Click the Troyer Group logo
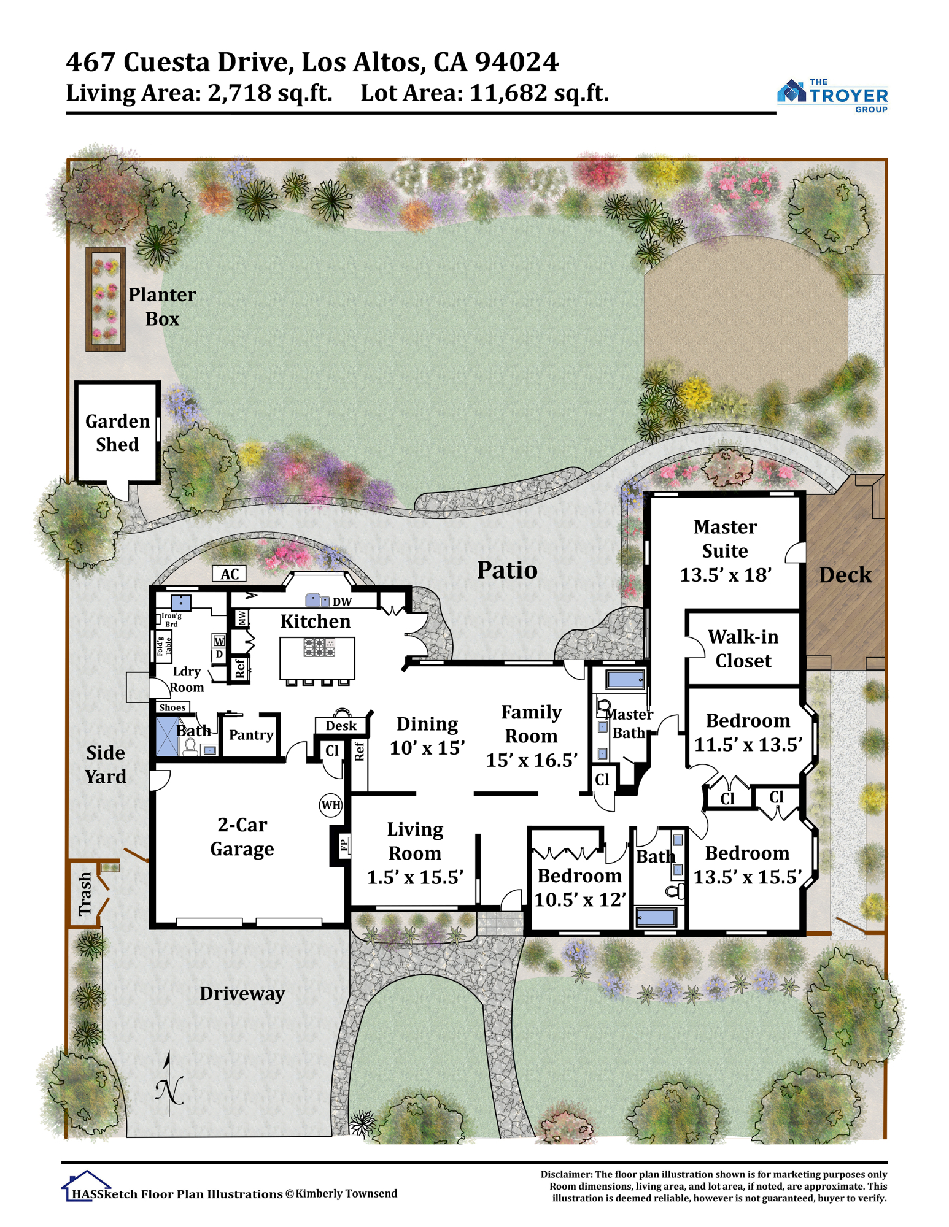click(x=832, y=96)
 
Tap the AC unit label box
click(x=230, y=574)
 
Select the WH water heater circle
click(x=331, y=805)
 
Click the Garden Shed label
click(x=117, y=433)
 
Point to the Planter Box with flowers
click(x=106, y=299)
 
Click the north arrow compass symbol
click(x=169, y=1085)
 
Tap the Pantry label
click(x=251, y=735)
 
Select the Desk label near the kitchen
click(x=341, y=726)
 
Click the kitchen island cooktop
click(x=319, y=647)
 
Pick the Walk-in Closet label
click(x=743, y=648)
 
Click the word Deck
click(x=845, y=575)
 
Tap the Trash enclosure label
click(x=85, y=894)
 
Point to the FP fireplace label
click(x=344, y=845)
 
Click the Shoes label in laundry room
click(x=172, y=707)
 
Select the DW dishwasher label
click(x=342, y=602)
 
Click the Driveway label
click(x=242, y=994)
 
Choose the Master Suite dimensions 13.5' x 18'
click(x=725, y=575)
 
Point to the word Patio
click(x=507, y=571)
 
